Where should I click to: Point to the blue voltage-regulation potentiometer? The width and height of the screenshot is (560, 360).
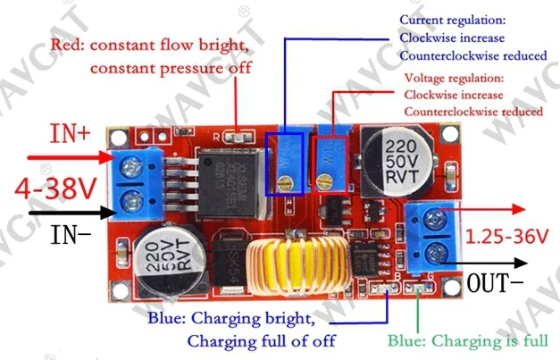click(332, 161)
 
